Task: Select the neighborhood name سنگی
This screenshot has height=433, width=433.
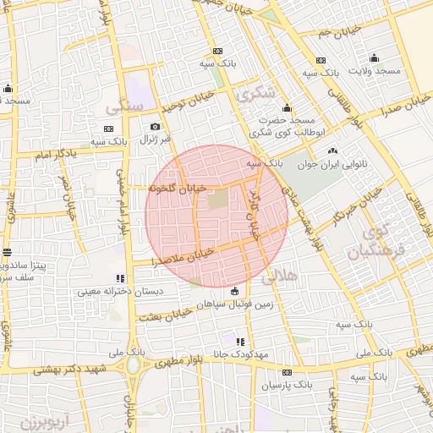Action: [x=123, y=108]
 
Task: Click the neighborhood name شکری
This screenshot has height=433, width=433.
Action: [x=254, y=96]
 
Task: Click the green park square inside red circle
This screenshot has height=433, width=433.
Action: [x=218, y=201]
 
